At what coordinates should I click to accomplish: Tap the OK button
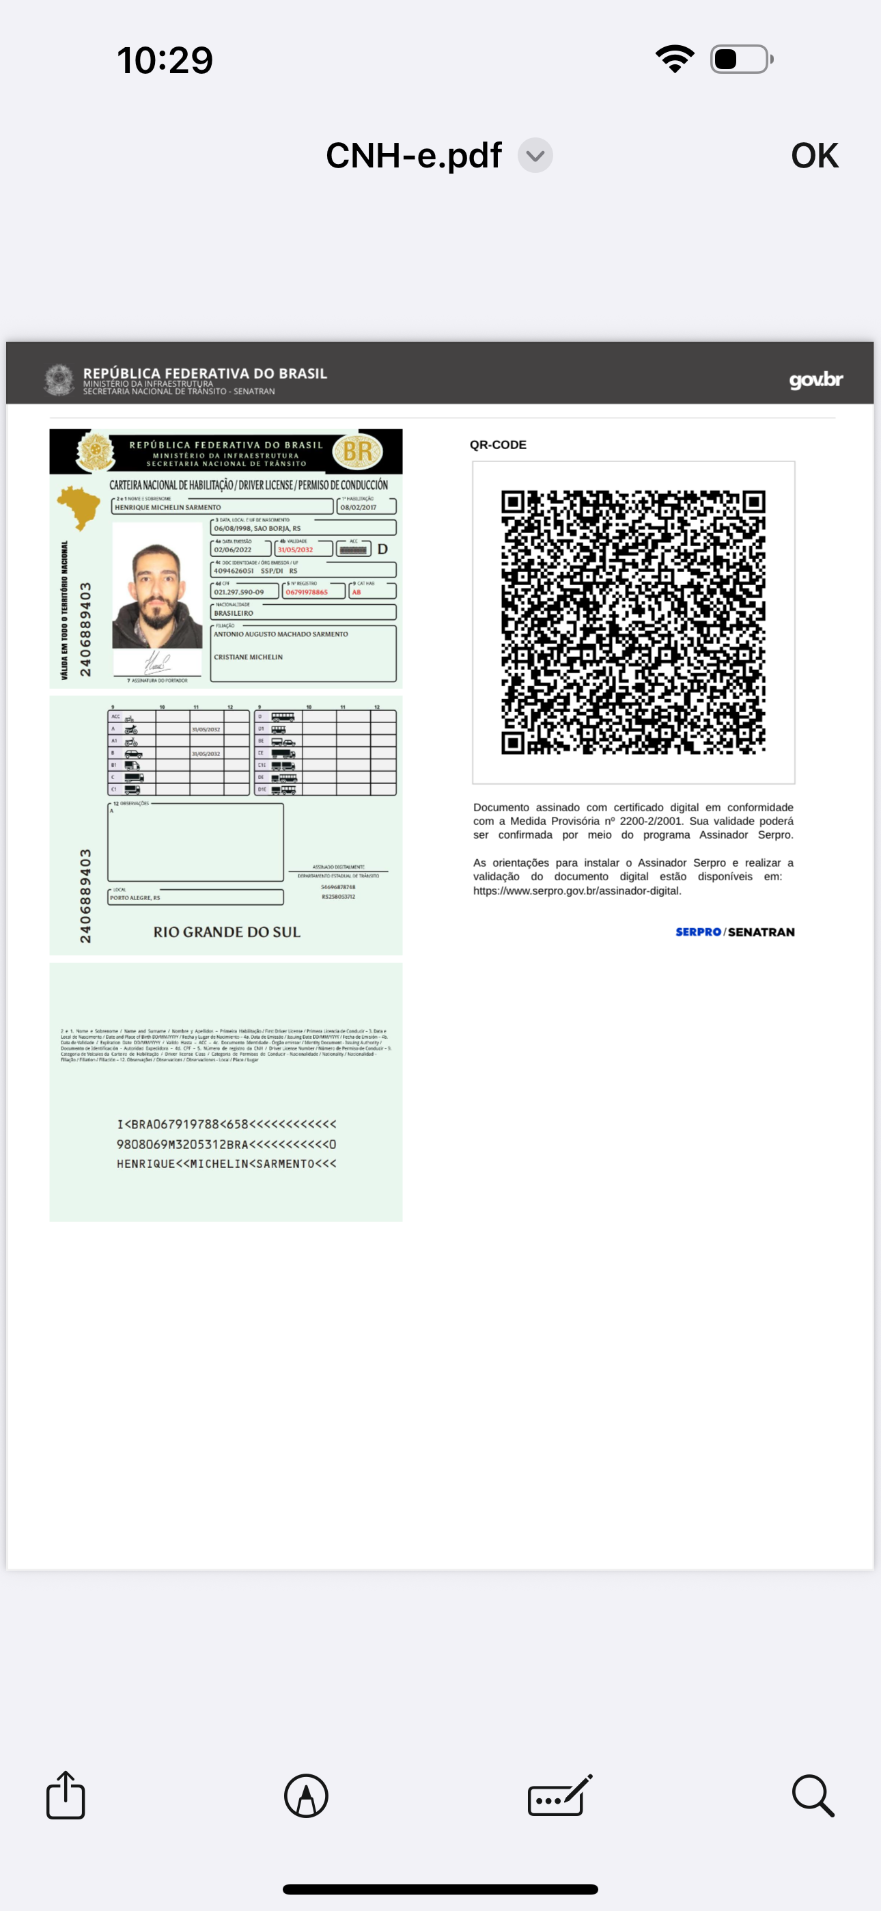click(814, 156)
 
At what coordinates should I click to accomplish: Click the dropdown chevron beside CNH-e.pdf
click(535, 156)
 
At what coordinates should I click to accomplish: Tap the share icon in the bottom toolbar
click(66, 1795)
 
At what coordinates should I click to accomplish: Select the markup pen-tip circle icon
click(306, 1796)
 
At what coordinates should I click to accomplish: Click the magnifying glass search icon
click(813, 1796)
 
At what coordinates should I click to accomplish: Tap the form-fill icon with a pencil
click(560, 1796)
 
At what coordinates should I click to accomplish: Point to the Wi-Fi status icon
click(674, 59)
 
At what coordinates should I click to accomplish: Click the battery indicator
click(741, 59)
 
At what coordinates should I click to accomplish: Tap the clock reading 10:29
click(165, 60)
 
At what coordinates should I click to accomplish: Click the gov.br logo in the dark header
click(815, 381)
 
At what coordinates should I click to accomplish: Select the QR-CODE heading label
click(499, 445)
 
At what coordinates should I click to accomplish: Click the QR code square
click(633, 622)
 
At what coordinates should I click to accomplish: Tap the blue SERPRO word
click(698, 932)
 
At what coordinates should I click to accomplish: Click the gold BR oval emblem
click(357, 451)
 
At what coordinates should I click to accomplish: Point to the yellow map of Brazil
click(79, 506)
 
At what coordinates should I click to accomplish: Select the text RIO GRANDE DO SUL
click(227, 932)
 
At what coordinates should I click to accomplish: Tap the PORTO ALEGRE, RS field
click(196, 897)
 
